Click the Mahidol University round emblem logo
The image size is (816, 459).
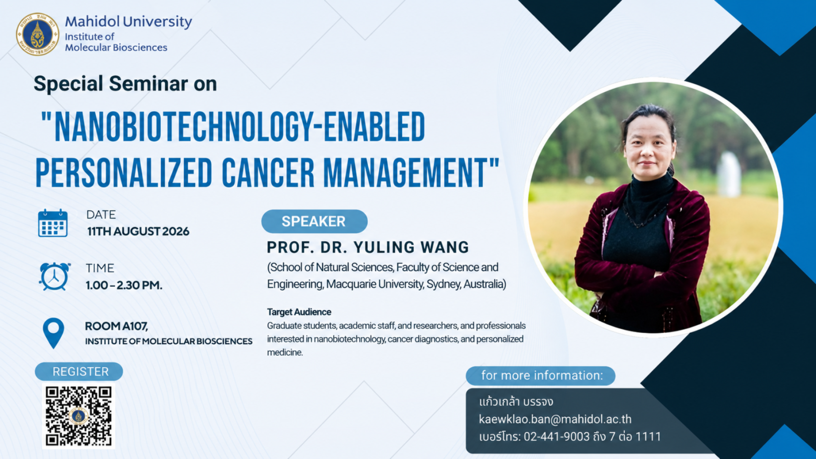point(37,34)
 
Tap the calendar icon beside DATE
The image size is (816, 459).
point(53,223)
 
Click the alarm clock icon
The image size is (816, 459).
point(54,276)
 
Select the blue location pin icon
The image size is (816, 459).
point(54,333)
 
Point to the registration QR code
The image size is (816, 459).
point(79,415)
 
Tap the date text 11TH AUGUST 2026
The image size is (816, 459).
point(138,231)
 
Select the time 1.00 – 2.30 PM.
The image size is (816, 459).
point(124,285)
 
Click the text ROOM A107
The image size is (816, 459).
point(116,326)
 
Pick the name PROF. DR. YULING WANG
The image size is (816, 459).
point(368,247)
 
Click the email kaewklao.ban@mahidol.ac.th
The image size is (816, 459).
point(555,419)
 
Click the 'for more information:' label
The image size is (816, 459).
point(542,376)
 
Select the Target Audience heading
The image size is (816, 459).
point(299,312)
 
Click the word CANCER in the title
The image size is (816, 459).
point(268,172)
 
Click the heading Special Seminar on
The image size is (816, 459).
point(125,83)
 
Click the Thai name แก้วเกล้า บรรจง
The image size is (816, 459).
point(516,402)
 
